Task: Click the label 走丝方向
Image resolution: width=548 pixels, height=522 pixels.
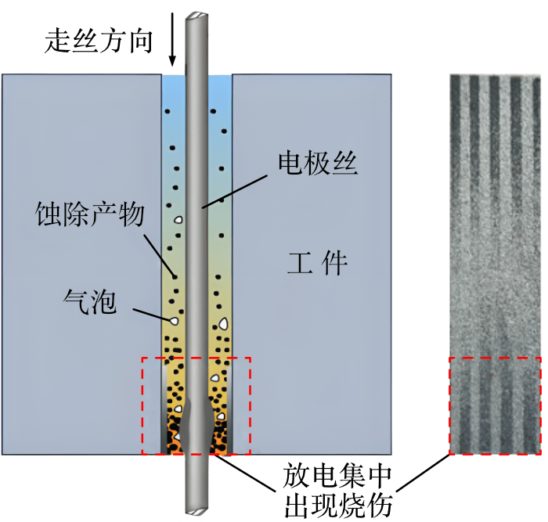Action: [x=99, y=41]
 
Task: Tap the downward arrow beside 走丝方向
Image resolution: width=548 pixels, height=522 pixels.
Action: [x=172, y=39]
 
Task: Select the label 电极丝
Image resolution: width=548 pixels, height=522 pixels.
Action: [x=318, y=163]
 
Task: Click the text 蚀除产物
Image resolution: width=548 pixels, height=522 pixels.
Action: [x=90, y=214]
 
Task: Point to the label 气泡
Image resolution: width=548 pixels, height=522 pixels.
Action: [x=90, y=301]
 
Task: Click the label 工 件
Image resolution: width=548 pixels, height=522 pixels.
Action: [x=317, y=263]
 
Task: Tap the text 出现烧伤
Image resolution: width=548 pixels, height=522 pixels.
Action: [x=338, y=505]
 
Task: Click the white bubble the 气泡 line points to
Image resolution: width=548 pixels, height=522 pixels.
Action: [x=174, y=320]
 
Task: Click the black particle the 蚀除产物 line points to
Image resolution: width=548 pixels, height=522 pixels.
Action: [x=175, y=277]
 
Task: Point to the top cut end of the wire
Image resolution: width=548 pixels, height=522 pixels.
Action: [x=196, y=16]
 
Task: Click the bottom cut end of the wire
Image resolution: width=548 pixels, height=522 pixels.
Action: [x=196, y=512]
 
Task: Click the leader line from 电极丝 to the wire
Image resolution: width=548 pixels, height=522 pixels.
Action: [x=235, y=192]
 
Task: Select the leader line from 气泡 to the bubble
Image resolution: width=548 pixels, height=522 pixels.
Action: [x=152, y=314]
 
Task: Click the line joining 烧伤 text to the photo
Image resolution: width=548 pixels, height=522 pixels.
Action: [x=424, y=473]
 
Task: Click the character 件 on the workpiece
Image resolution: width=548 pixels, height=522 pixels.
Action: [x=334, y=263]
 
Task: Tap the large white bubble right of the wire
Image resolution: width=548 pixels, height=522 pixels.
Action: [x=223, y=324]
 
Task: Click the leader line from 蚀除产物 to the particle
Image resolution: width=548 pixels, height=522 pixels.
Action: [x=160, y=255]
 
